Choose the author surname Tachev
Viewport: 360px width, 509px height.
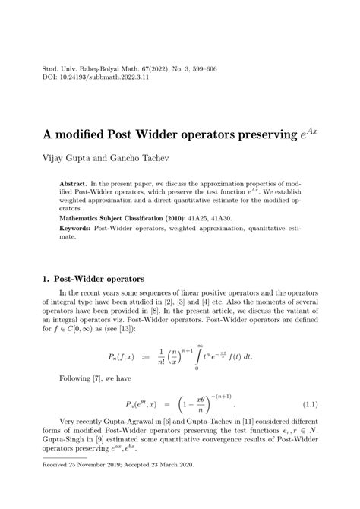coord(149,160)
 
